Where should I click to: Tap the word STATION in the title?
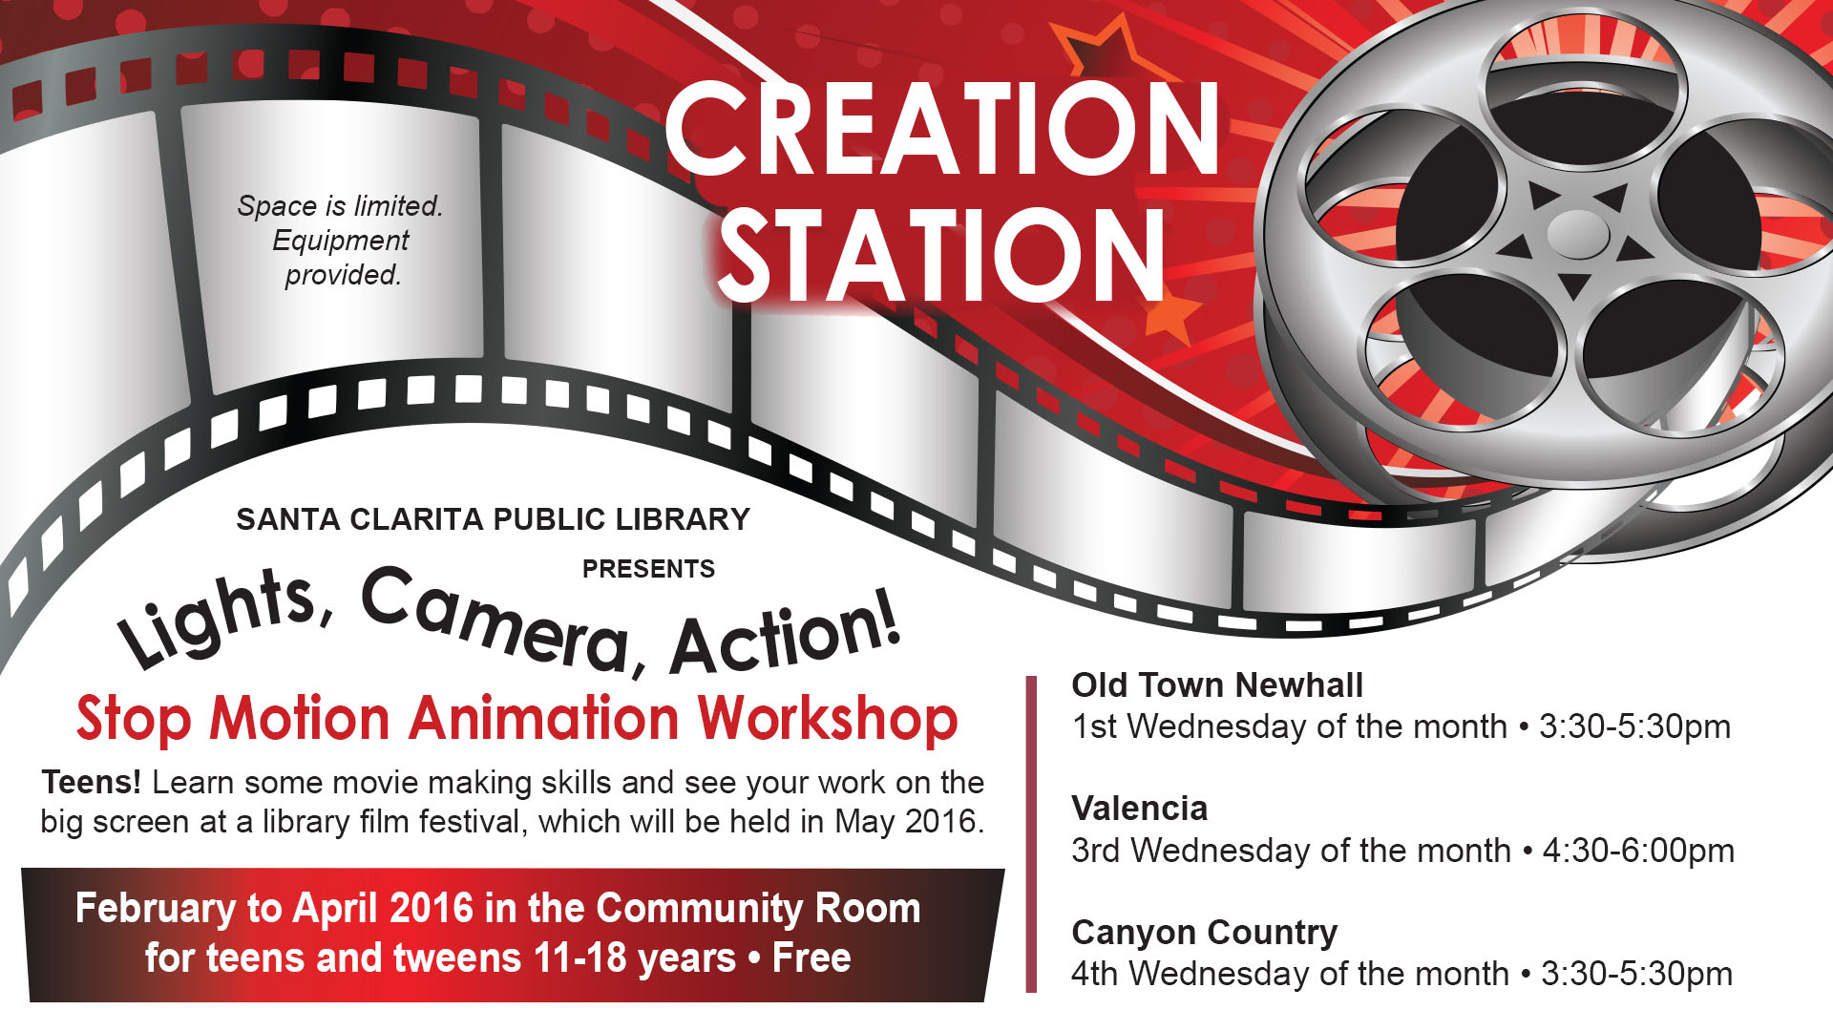point(941,255)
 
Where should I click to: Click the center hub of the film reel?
point(1577,233)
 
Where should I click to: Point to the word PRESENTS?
point(648,569)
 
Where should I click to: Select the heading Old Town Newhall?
point(1217,684)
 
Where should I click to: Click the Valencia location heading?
point(1140,809)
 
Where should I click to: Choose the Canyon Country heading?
point(1205,933)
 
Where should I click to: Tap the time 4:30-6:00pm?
point(1638,851)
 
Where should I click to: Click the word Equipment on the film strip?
point(341,241)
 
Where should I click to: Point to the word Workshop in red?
point(828,719)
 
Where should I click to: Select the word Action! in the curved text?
point(786,633)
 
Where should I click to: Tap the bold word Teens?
point(92,782)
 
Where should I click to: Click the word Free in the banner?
point(811,957)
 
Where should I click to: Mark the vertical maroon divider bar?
point(1031,834)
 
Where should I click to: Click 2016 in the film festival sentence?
point(943,821)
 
